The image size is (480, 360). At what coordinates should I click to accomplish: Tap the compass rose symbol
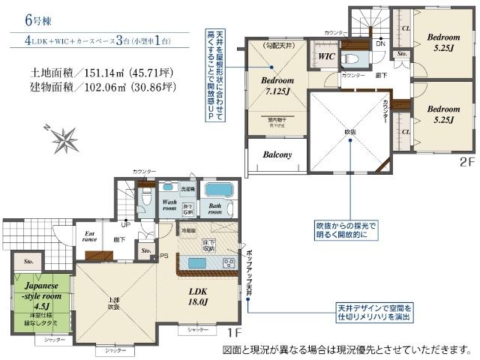tap(64, 139)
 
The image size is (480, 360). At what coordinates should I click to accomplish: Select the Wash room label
tap(170, 207)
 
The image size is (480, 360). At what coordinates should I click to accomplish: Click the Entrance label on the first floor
tap(89, 236)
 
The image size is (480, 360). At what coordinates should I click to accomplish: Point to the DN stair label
tap(380, 43)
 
